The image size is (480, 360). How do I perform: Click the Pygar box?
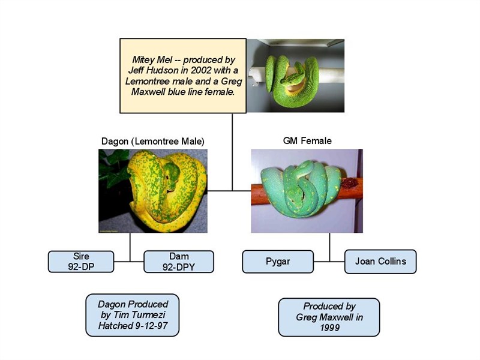278,262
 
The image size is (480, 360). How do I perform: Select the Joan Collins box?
380,262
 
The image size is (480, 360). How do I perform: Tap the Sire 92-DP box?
81,262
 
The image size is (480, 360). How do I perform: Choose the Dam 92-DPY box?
179,262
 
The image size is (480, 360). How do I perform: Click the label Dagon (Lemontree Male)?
153,142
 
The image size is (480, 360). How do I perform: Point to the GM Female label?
307,141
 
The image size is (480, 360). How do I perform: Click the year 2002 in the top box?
201,70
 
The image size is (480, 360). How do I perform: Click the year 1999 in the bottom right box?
329,328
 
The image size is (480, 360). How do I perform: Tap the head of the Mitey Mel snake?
290,80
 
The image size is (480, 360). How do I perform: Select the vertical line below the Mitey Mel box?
232,152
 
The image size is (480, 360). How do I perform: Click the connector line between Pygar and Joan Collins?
329,262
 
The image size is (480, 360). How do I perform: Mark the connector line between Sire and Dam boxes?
128,262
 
